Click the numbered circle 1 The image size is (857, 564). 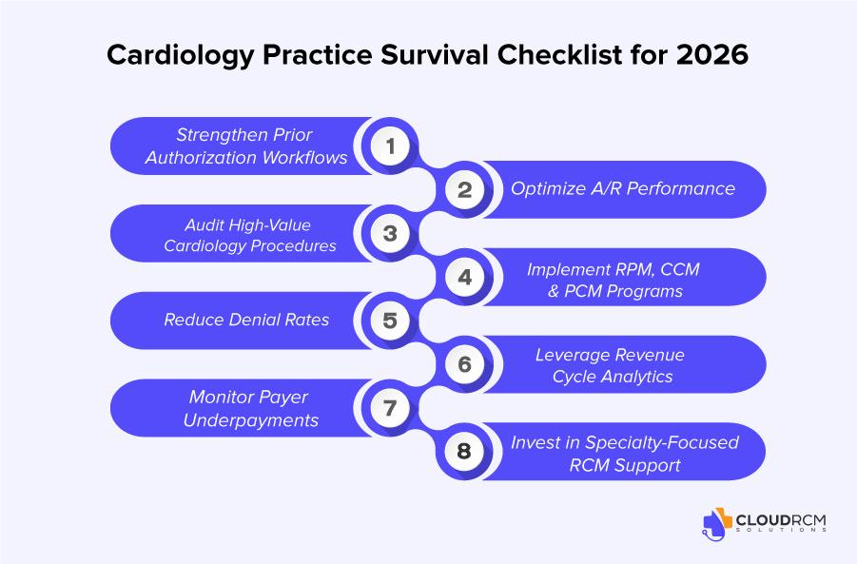point(390,146)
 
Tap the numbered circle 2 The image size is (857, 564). point(464,189)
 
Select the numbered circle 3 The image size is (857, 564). point(390,233)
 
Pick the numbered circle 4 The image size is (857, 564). point(464,277)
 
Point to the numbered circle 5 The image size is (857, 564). point(390,321)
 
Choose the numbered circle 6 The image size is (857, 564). point(464,364)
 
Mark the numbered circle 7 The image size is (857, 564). point(390,408)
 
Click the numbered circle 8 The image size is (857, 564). point(464,452)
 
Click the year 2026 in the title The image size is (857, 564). point(712,54)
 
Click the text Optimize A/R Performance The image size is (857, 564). point(623,188)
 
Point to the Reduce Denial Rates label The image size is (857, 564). point(246,320)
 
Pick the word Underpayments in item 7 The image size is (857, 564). point(251,420)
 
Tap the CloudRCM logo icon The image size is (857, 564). point(716,524)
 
